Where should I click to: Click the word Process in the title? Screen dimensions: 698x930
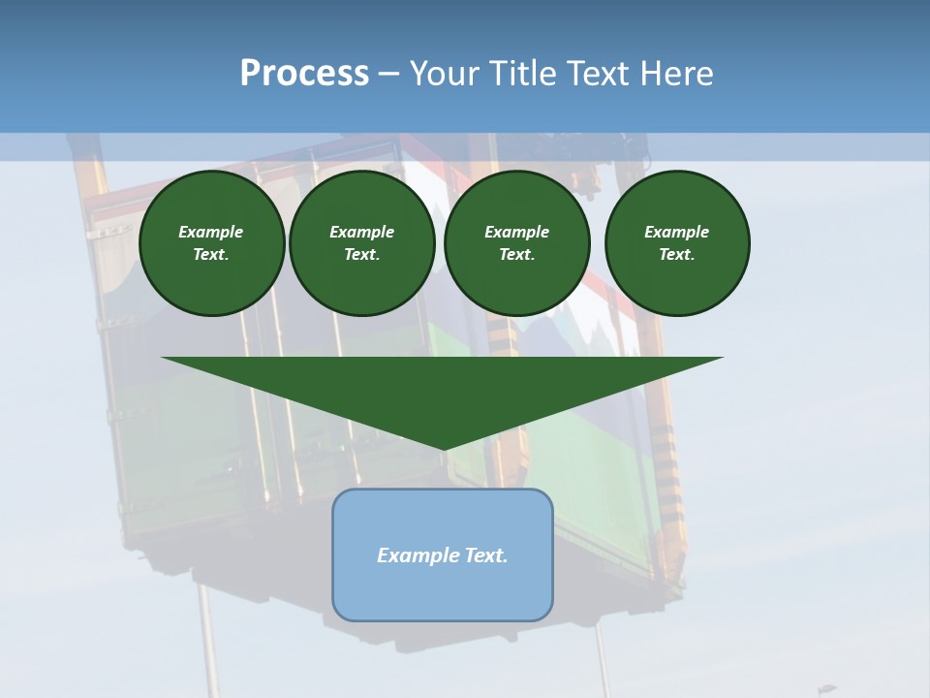coord(304,74)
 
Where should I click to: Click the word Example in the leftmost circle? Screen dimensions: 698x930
coord(211,232)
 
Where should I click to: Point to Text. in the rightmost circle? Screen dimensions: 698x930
coord(677,254)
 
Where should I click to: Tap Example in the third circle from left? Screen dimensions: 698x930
coord(517,232)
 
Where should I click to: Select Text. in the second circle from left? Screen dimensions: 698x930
coord(362,254)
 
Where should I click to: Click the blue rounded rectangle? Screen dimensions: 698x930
coord(443,591)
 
